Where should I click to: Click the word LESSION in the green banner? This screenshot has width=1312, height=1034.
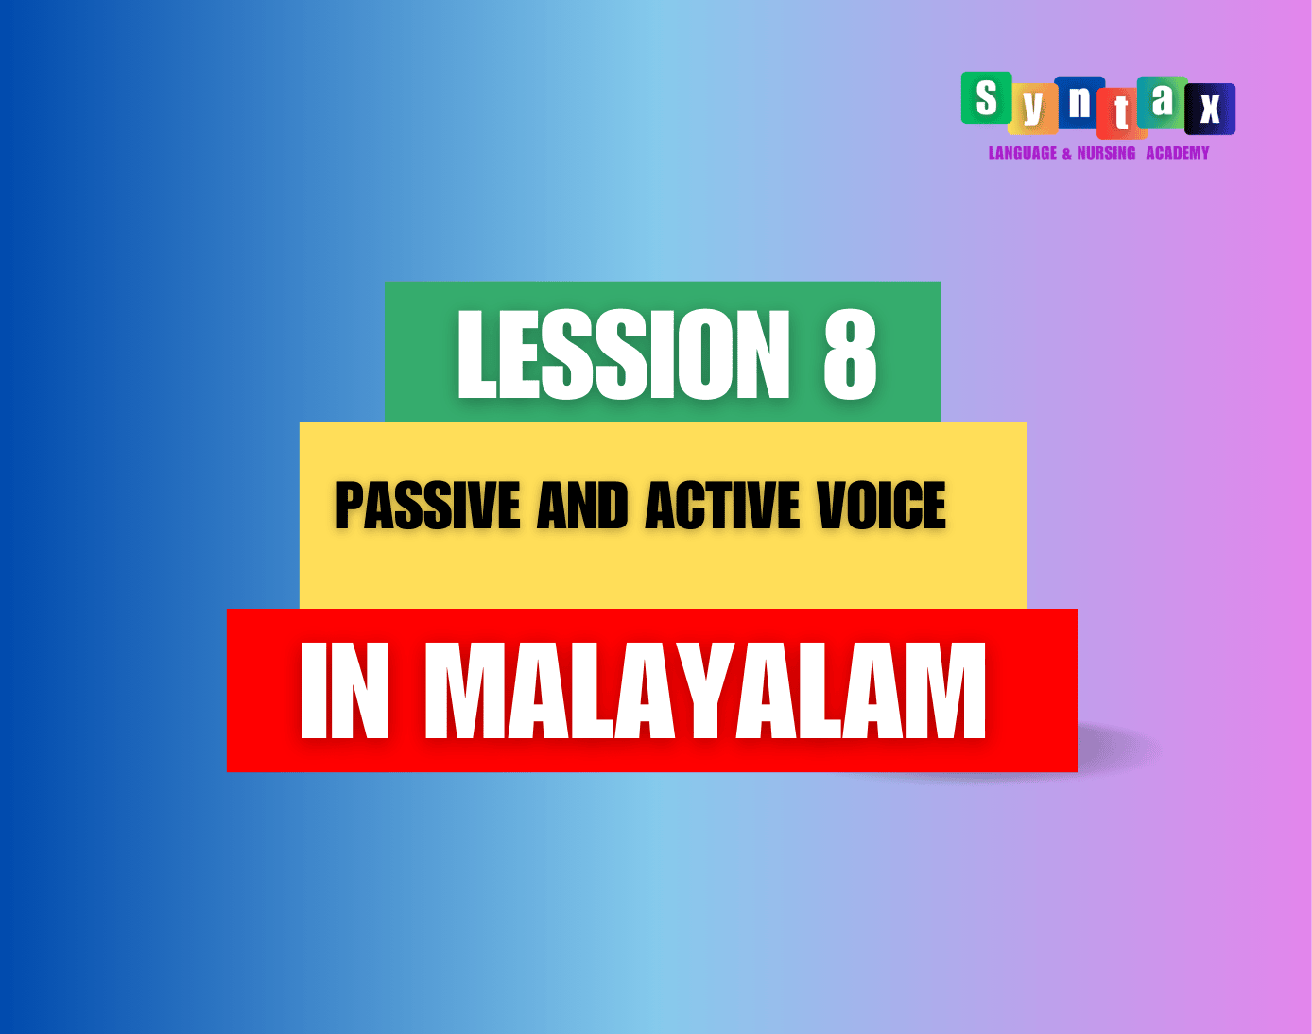pos(624,354)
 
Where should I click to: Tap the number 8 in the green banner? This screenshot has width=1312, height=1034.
pos(850,354)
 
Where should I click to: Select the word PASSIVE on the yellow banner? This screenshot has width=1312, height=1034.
pos(427,506)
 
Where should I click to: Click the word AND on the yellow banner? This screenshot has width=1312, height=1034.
pos(582,506)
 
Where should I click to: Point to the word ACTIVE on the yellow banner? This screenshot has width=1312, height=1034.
pos(722,506)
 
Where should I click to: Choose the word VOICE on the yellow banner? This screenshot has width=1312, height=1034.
pos(882,506)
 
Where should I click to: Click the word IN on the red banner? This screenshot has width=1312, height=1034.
pos(344,691)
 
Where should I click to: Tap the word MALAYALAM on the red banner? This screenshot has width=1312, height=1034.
pos(705,691)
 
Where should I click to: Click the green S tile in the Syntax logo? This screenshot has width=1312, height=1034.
pos(987,97)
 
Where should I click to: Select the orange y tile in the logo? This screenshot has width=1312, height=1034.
pos(1033,109)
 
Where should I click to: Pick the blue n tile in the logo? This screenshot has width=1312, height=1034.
pos(1079,102)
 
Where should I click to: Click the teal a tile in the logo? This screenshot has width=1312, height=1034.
pos(1163,102)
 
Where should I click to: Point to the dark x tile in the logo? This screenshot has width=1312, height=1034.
pos(1210,109)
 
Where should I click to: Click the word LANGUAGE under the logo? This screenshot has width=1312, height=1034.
pos(1023,153)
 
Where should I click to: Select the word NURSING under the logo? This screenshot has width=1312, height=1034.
pos(1106,153)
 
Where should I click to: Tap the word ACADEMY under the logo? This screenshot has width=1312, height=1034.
pos(1177,153)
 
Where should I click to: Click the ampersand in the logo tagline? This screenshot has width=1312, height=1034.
pos(1067,154)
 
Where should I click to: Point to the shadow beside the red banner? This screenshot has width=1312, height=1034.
pos(1119,750)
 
